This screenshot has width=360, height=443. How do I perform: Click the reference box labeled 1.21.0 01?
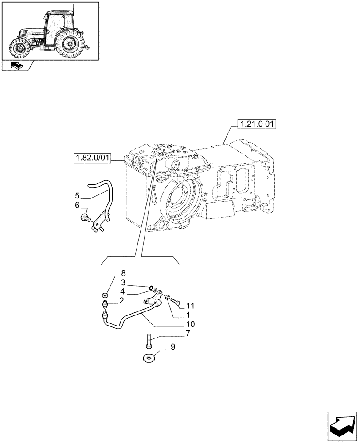[257, 124]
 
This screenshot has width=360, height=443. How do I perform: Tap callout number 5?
[77, 195]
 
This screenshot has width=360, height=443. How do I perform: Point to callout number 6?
[77, 205]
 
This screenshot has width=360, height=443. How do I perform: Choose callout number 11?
[190, 306]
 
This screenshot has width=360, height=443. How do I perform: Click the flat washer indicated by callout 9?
[149, 357]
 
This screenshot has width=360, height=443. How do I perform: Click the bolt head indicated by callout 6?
[85, 217]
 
